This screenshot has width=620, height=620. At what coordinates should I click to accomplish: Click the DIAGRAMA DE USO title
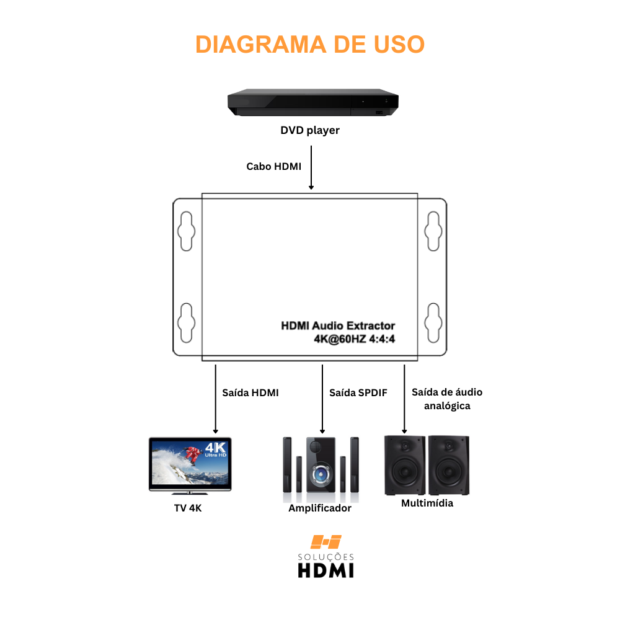pyautogui.click(x=310, y=44)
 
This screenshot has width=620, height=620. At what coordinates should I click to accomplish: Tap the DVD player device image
pyautogui.click(x=312, y=102)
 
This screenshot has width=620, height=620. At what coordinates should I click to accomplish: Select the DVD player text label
pyautogui.click(x=310, y=130)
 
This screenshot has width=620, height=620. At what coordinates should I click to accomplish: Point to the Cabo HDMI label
pyautogui.click(x=273, y=166)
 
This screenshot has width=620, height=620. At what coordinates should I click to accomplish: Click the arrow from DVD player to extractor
pyautogui.click(x=311, y=167)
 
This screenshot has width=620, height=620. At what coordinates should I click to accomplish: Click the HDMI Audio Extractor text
pyautogui.click(x=338, y=325)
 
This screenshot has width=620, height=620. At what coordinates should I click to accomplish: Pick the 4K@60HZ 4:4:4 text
pyautogui.click(x=354, y=339)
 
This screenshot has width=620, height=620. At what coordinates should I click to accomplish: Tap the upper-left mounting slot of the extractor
pyautogui.click(x=186, y=231)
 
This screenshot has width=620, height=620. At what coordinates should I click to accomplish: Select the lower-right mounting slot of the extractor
pyautogui.click(x=433, y=323)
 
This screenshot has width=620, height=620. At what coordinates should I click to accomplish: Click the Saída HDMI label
pyautogui.click(x=250, y=392)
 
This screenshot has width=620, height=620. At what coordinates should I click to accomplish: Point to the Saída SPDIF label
pyautogui.click(x=358, y=392)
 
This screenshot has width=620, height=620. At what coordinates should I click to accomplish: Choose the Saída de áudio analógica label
pyautogui.click(x=447, y=399)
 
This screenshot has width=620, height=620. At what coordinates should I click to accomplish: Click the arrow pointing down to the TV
pyautogui.click(x=216, y=399)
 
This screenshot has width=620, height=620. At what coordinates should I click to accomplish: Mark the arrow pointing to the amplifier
pyautogui.click(x=322, y=399)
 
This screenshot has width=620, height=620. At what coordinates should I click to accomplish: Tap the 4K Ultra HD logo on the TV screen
pyautogui.click(x=216, y=449)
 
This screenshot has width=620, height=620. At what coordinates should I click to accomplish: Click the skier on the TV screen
pyautogui.click(x=191, y=456)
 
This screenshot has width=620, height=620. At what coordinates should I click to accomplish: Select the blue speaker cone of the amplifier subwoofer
pyautogui.click(x=321, y=474)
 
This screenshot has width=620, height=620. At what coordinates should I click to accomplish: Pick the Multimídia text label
pyautogui.click(x=427, y=503)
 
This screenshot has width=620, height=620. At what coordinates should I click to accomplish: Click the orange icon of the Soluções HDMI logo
pyautogui.click(x=326, y=542)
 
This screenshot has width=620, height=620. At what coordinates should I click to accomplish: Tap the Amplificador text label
pyautogui.click(x=320, y=508)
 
